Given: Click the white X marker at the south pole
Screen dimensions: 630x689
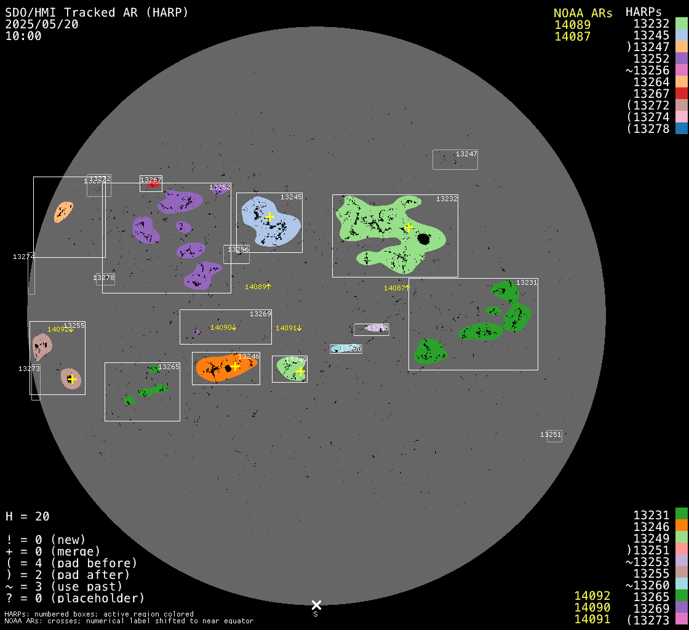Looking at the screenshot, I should pos(316,605).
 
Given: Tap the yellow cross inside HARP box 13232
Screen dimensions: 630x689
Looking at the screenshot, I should pos(408,227).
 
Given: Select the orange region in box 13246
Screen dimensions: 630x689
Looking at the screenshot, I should pos(212,367).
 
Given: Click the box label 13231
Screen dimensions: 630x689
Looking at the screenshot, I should pos(527,282).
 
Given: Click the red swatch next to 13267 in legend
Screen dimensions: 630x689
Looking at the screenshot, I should pos(681,94).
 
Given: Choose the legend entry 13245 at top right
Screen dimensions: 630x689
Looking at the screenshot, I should pos(651,35).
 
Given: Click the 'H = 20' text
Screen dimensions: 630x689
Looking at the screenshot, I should pos(28,516).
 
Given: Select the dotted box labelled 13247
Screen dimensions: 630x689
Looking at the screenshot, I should pos(455,160).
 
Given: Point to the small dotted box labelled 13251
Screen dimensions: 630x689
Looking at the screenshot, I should pos(554,436).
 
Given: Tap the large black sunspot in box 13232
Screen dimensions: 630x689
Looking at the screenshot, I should pos(423,238).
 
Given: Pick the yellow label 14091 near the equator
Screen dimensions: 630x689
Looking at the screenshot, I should pos(288,328).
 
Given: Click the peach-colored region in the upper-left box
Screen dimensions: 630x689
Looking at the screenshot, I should pos(63,212).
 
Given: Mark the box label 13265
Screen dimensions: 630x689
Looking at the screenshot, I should pos(169,367).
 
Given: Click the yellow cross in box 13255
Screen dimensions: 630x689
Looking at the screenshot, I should pos(71,379).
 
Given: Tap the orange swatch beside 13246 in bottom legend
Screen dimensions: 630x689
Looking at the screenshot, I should pos(681,525).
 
